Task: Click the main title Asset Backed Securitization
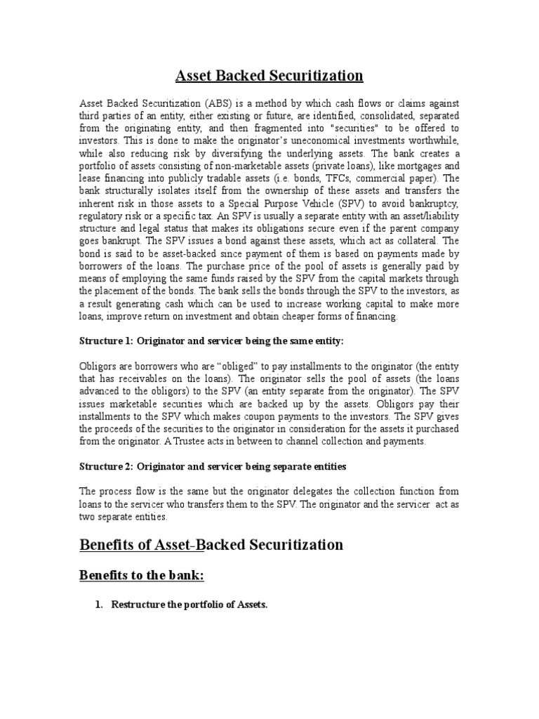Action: (269, 76)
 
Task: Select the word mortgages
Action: (415, 165)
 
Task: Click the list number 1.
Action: (99, 605)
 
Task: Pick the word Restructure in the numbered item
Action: (138, 605)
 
